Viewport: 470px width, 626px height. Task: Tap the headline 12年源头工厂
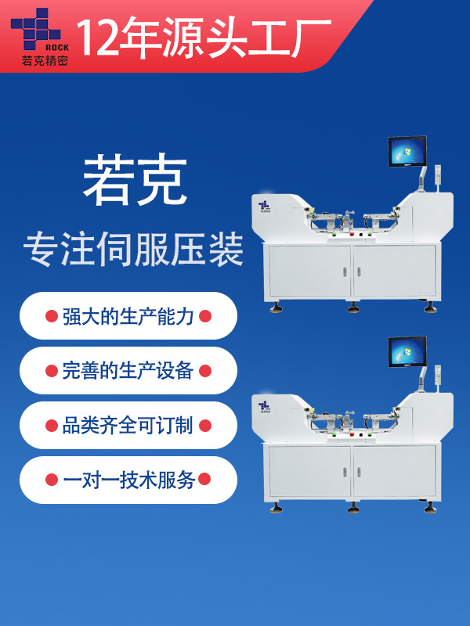(204, 37)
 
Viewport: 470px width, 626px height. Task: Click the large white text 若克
(135, 180)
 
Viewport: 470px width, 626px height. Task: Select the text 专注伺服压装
(133, 250)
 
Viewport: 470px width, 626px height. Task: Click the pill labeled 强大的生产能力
(128, 316)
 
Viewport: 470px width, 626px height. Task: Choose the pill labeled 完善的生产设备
(128, 370)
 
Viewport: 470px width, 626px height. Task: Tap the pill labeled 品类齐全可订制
(128, 425)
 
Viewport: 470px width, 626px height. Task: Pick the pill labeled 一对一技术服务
(128, 480)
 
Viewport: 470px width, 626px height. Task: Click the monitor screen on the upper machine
(407, 151)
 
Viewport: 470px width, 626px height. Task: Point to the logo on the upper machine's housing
(264, 207)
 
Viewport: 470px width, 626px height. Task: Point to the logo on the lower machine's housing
(264, 406)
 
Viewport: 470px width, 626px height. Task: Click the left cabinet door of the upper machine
(309, 272)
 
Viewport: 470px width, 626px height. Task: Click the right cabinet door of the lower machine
(394, 472)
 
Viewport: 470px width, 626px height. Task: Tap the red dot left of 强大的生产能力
(52, 316)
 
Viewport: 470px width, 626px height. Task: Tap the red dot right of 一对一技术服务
(204, 479)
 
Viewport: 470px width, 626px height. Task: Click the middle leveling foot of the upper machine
(352, 307)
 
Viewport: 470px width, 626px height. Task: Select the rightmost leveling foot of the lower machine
(430, 507)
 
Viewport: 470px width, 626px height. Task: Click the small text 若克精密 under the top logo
(45, 60)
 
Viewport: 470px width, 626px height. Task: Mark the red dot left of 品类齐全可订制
(52, 426)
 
